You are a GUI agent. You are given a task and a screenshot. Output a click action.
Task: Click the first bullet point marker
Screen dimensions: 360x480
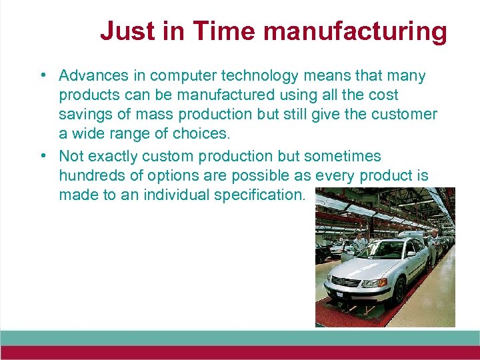42,76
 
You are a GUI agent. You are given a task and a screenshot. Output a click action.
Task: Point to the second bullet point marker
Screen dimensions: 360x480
42,157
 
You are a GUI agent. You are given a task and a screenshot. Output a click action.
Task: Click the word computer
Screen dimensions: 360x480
180,76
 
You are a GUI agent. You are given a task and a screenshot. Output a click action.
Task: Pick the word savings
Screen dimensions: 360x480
84,114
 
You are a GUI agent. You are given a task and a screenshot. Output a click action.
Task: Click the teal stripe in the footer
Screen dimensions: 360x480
240,337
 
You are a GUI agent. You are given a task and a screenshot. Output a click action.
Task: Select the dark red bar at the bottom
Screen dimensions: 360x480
240,352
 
